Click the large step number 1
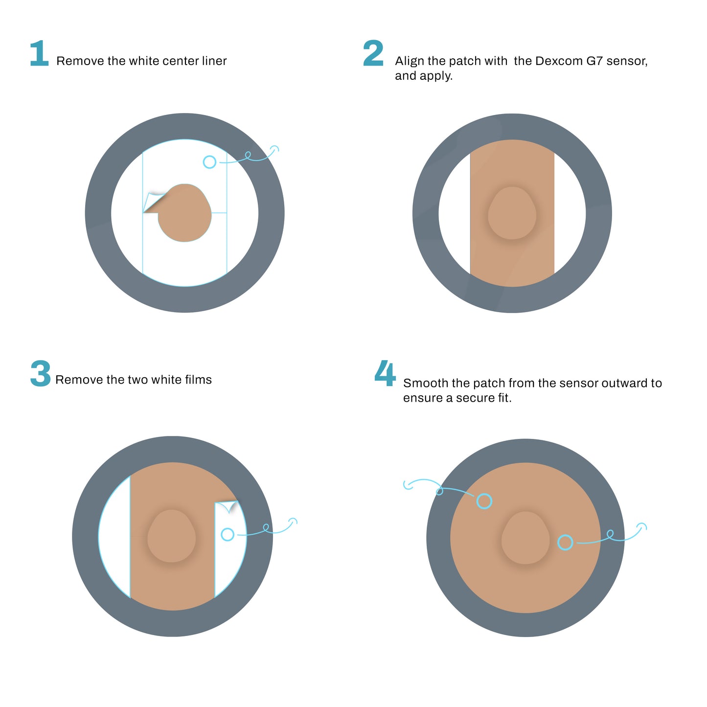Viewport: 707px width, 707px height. click(39, 53)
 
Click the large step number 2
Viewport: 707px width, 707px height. click(373, 53)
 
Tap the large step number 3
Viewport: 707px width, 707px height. click(41, 374)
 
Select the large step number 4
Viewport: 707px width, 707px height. click(385, 374)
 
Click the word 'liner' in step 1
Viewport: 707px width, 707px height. click(214, 61)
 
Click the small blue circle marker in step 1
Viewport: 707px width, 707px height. click(209, 162)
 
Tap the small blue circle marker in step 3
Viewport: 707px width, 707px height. click(228, 534)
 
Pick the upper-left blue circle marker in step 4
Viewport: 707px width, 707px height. click(484, 501)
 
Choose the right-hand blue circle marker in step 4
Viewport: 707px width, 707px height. click(565, 542)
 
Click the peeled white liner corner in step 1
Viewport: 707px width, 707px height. click(153, 202)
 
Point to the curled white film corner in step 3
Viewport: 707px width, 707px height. click(229, 506)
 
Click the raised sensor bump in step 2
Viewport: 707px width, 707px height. click(512, 213)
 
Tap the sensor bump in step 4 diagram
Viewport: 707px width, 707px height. click(525, 538)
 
